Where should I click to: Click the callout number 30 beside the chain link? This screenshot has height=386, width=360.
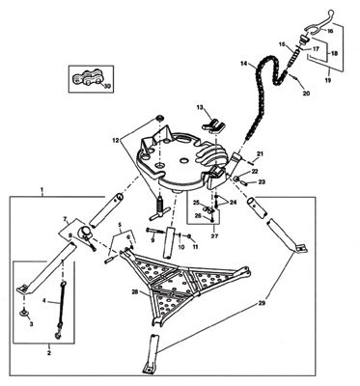click(106, 85)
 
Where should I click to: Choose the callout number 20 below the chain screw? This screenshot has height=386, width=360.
click(307, 95)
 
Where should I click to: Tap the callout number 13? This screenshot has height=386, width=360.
click(201, 108)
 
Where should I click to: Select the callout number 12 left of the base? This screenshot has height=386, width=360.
click(116, 142)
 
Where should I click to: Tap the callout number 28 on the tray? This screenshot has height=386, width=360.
click(134, 289)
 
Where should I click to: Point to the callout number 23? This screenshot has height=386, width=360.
click(261, 180)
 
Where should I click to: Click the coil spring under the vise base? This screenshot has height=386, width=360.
click(152, 205)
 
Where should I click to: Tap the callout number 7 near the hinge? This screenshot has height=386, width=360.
click(66, 220)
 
